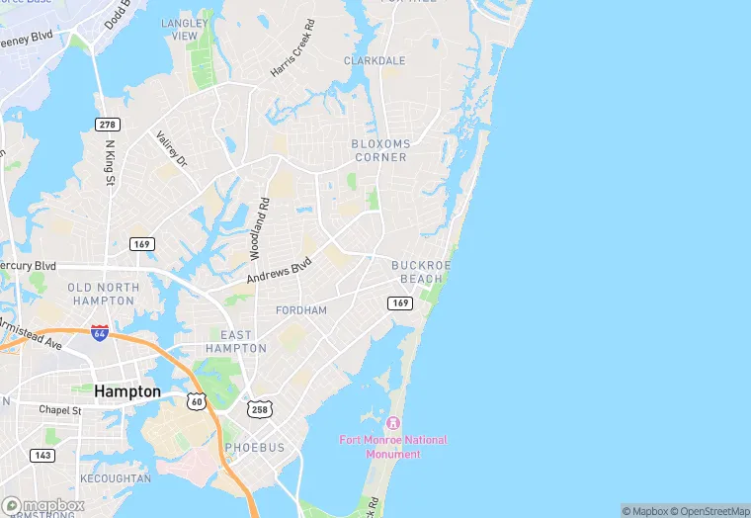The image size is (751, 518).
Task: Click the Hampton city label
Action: [x=126, y=391]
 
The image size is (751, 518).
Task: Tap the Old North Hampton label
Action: [x=101, y=294]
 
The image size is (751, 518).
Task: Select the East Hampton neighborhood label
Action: [x=236, y=342]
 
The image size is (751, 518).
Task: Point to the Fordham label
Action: [x=301, y=310]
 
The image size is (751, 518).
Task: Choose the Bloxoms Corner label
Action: [x=379, y=150]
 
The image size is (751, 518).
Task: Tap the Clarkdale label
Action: [x=375, y=61]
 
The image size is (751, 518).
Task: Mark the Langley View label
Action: [x=185, y=29]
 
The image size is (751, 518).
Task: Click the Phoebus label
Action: [x=255, y=448]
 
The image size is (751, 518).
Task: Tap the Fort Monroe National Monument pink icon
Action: [x=404, y=423]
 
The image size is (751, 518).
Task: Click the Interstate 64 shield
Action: [x=100, y=333]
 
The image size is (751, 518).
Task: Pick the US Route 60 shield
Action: [x=197, y=401]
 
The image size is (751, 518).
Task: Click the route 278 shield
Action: [x=108, y=124]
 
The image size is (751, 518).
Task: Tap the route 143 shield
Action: [x=42, y=455]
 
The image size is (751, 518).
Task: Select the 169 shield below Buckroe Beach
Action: [x=399, y=302]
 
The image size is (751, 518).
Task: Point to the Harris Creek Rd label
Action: [x=293, y=49]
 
